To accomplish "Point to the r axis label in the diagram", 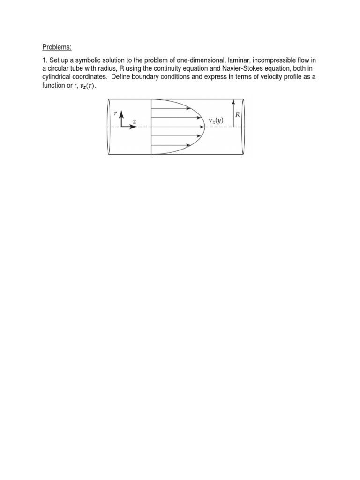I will (x=116, y=113).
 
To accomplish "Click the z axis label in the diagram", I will (x=134, y=121).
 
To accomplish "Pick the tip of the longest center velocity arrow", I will (x=202, y=127).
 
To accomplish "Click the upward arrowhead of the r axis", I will (x=122, y=112).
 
